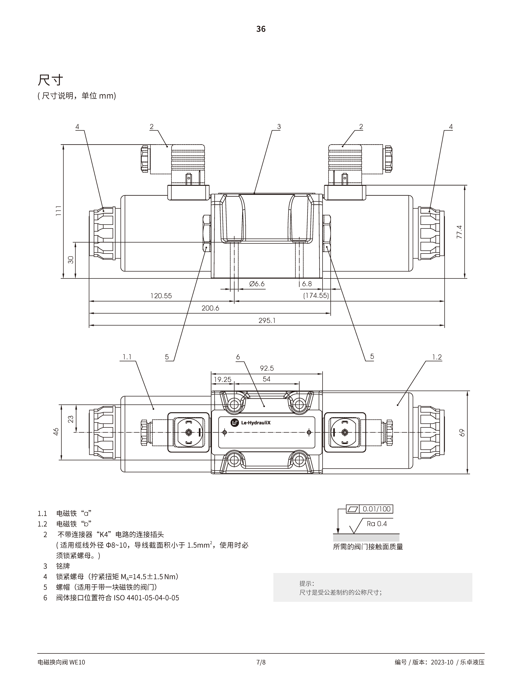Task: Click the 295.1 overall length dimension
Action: (267, 320)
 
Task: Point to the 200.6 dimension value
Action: (210, 308)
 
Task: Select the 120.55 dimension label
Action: (161, 296)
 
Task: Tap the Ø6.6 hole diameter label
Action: (257, 284)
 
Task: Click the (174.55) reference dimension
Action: (316, 296)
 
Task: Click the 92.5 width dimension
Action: (267, 368)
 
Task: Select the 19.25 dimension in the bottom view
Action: (222, 380)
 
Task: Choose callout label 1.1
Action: (127, 357)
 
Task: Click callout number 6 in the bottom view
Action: (238, 357)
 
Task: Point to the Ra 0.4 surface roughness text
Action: (377, 524)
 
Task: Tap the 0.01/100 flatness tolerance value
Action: (376, 509)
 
